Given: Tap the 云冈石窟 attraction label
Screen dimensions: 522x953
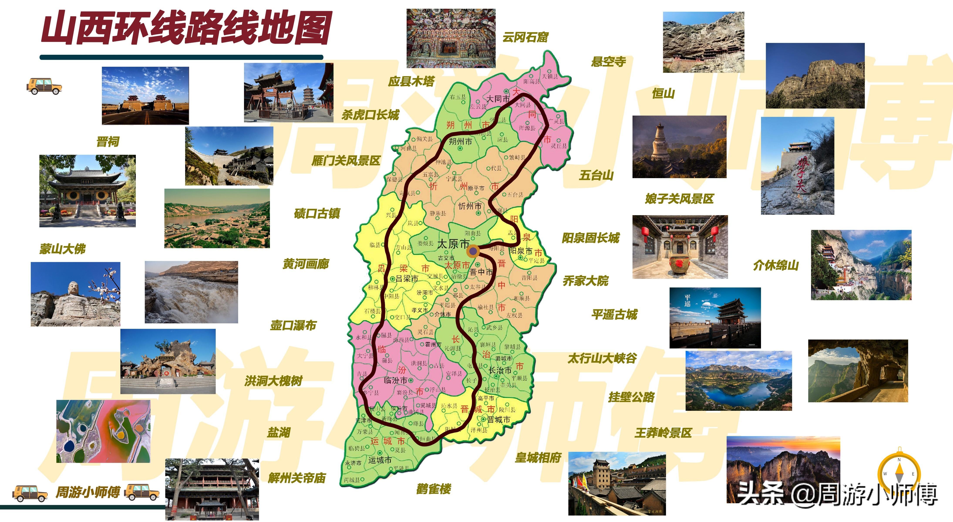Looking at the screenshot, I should click(525, 37).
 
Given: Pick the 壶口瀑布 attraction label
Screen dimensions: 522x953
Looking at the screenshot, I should click(293, 325).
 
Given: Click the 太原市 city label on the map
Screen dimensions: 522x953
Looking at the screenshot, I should click(453, 244).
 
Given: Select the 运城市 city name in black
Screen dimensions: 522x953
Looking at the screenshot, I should click(380, 460).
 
